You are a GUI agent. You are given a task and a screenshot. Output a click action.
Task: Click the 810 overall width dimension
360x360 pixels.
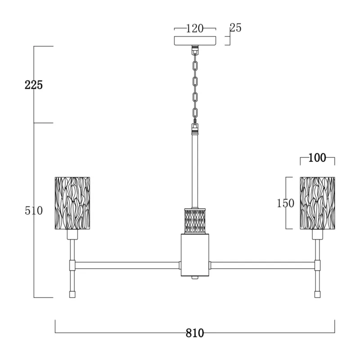tap(195, 333)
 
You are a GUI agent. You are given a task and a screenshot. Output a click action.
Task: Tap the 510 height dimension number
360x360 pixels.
tap(34, 211)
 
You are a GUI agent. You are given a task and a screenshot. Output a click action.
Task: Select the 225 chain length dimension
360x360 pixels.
tap(34, 85)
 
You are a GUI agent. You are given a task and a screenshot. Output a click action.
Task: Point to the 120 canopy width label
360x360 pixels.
tap(195, 28)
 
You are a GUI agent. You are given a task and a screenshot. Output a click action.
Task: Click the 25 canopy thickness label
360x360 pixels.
tap(235, 28)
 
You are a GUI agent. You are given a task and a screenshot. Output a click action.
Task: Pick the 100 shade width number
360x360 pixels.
tap(317, 158)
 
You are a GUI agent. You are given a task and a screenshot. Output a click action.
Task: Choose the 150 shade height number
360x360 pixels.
tap(285, 203)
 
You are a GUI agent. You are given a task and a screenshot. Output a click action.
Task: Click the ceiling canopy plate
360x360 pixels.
tap(195, 40)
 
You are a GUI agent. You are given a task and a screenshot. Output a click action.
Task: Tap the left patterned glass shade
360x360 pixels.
tap(72, 203)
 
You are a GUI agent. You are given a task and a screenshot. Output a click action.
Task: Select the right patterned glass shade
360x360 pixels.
tap(317, 203)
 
